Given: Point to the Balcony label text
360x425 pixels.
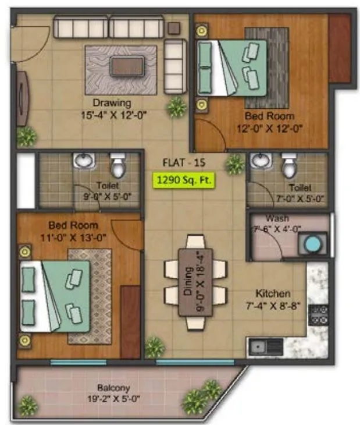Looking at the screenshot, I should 114,388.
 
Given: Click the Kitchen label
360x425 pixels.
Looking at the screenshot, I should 272,294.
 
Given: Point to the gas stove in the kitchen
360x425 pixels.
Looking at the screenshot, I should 319,315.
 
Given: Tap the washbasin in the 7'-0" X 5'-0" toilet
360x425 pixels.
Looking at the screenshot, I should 259,161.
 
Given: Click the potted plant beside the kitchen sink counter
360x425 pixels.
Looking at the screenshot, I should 154,347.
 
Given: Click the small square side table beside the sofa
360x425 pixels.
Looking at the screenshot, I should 173,27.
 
